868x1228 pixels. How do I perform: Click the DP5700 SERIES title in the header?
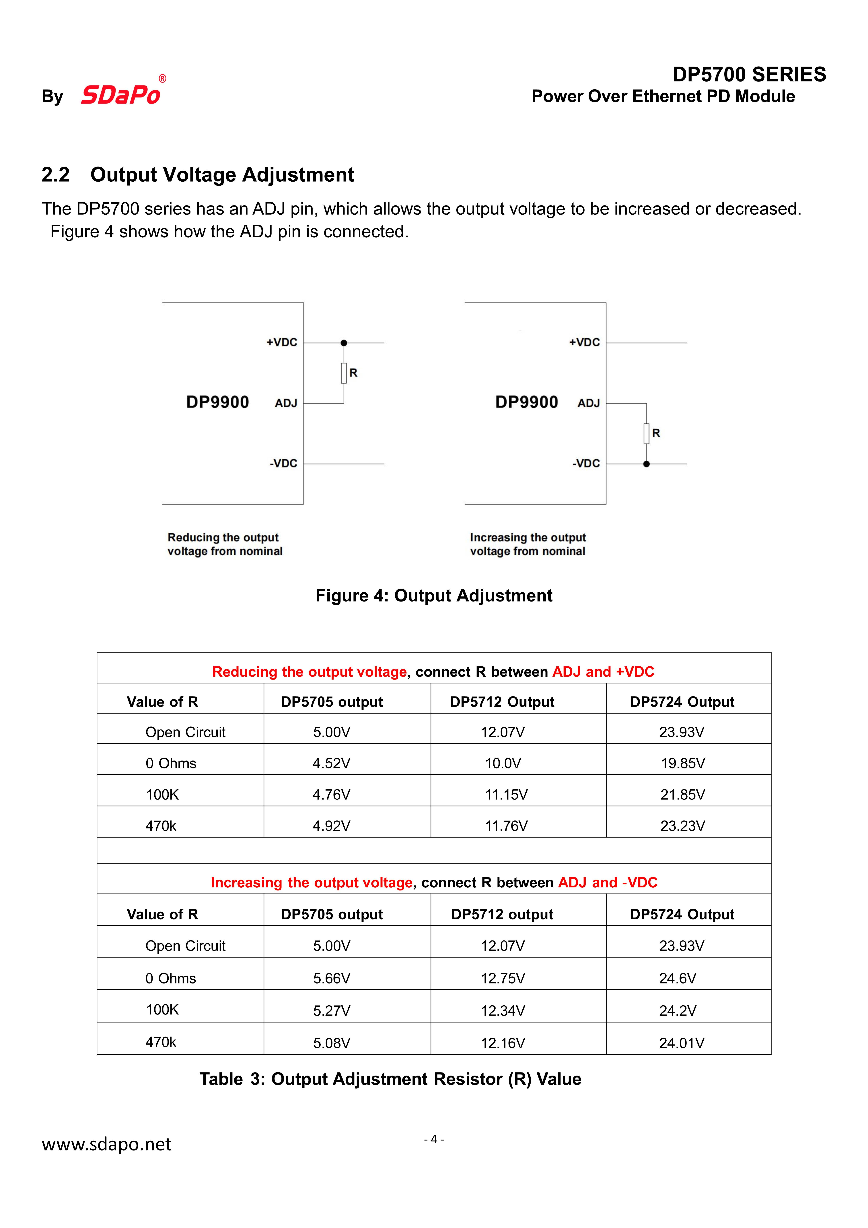click(x=749, y=74)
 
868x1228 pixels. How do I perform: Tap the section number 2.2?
click(x=56, y=175)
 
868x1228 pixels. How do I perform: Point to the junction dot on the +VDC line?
click(x=344, y=343)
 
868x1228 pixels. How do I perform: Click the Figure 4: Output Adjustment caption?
click(x=434, y=595)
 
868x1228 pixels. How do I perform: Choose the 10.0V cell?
click(x=503, y=763)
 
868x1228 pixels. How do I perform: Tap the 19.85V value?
click(x=682, y=763)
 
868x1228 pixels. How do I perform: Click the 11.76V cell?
click(x=506, y=826)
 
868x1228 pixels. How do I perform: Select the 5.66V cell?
click(x=332, y=978)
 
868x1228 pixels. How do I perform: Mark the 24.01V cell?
click(x=681, y=1043)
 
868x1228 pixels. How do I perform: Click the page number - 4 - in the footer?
click(x=434, y=1139)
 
